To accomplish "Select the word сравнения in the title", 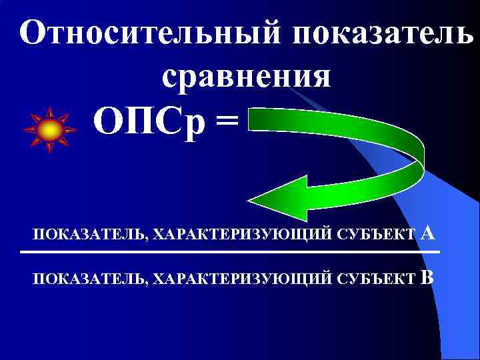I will point(246,75).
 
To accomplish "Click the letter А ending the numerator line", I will point(429,233).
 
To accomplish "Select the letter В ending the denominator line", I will point(428,277).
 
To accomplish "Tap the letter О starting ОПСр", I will point(107,123).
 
